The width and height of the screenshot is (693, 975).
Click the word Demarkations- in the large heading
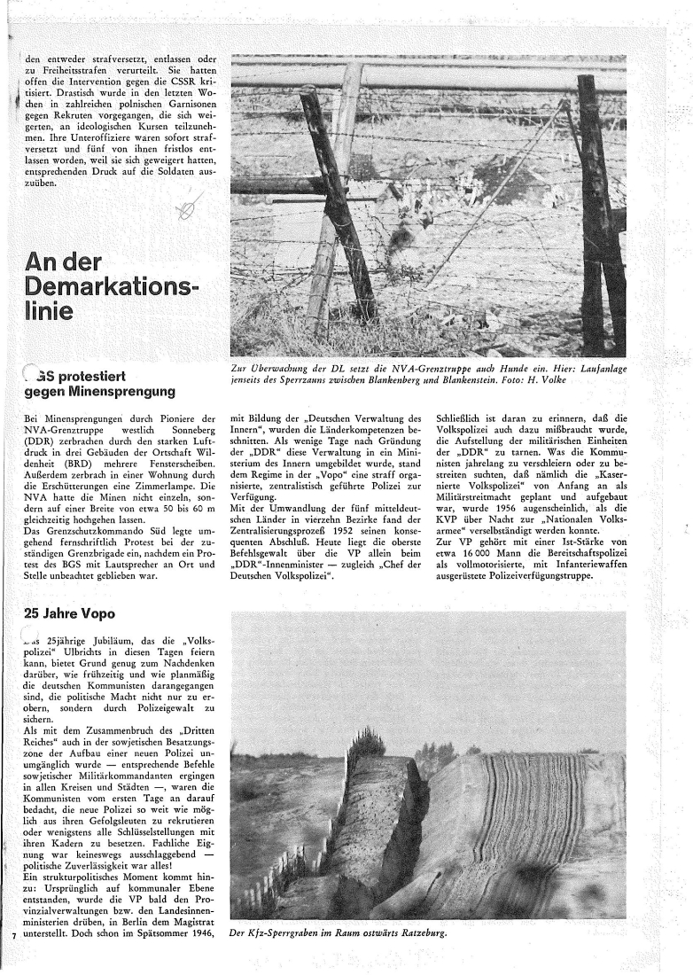point(111,288)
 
